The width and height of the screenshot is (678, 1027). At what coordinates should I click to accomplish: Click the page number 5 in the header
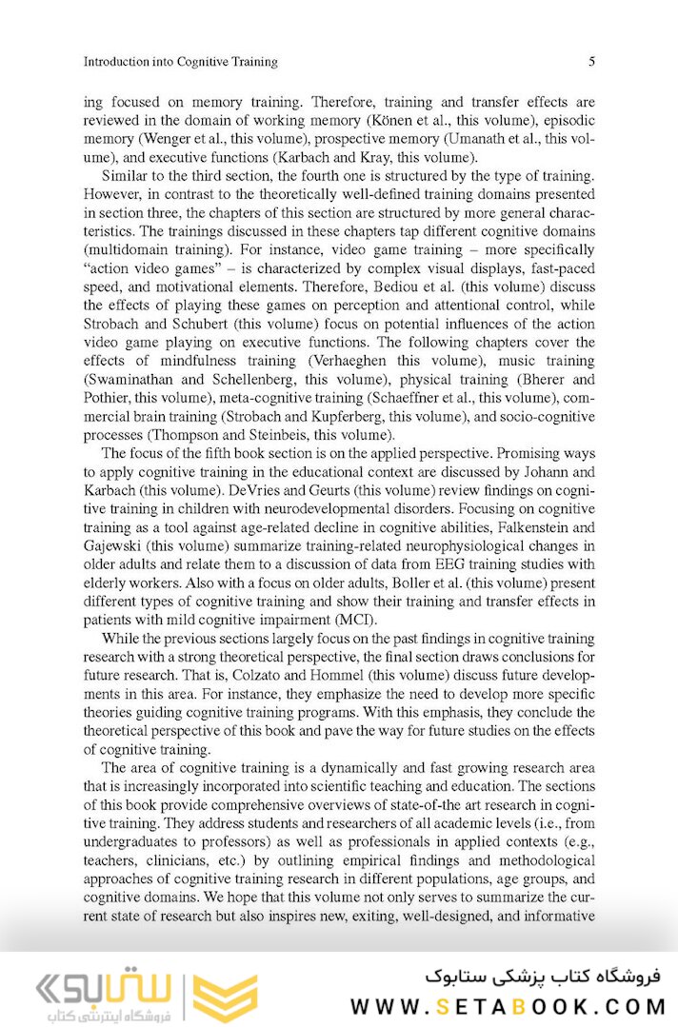591,62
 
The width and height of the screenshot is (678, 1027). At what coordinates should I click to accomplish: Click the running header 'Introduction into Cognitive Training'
181,62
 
